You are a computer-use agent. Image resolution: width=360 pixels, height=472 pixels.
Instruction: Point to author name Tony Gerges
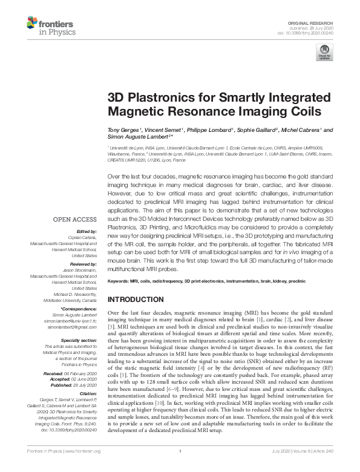(124, 130)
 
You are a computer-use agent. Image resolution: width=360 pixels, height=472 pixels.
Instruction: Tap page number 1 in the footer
(180, 467)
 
